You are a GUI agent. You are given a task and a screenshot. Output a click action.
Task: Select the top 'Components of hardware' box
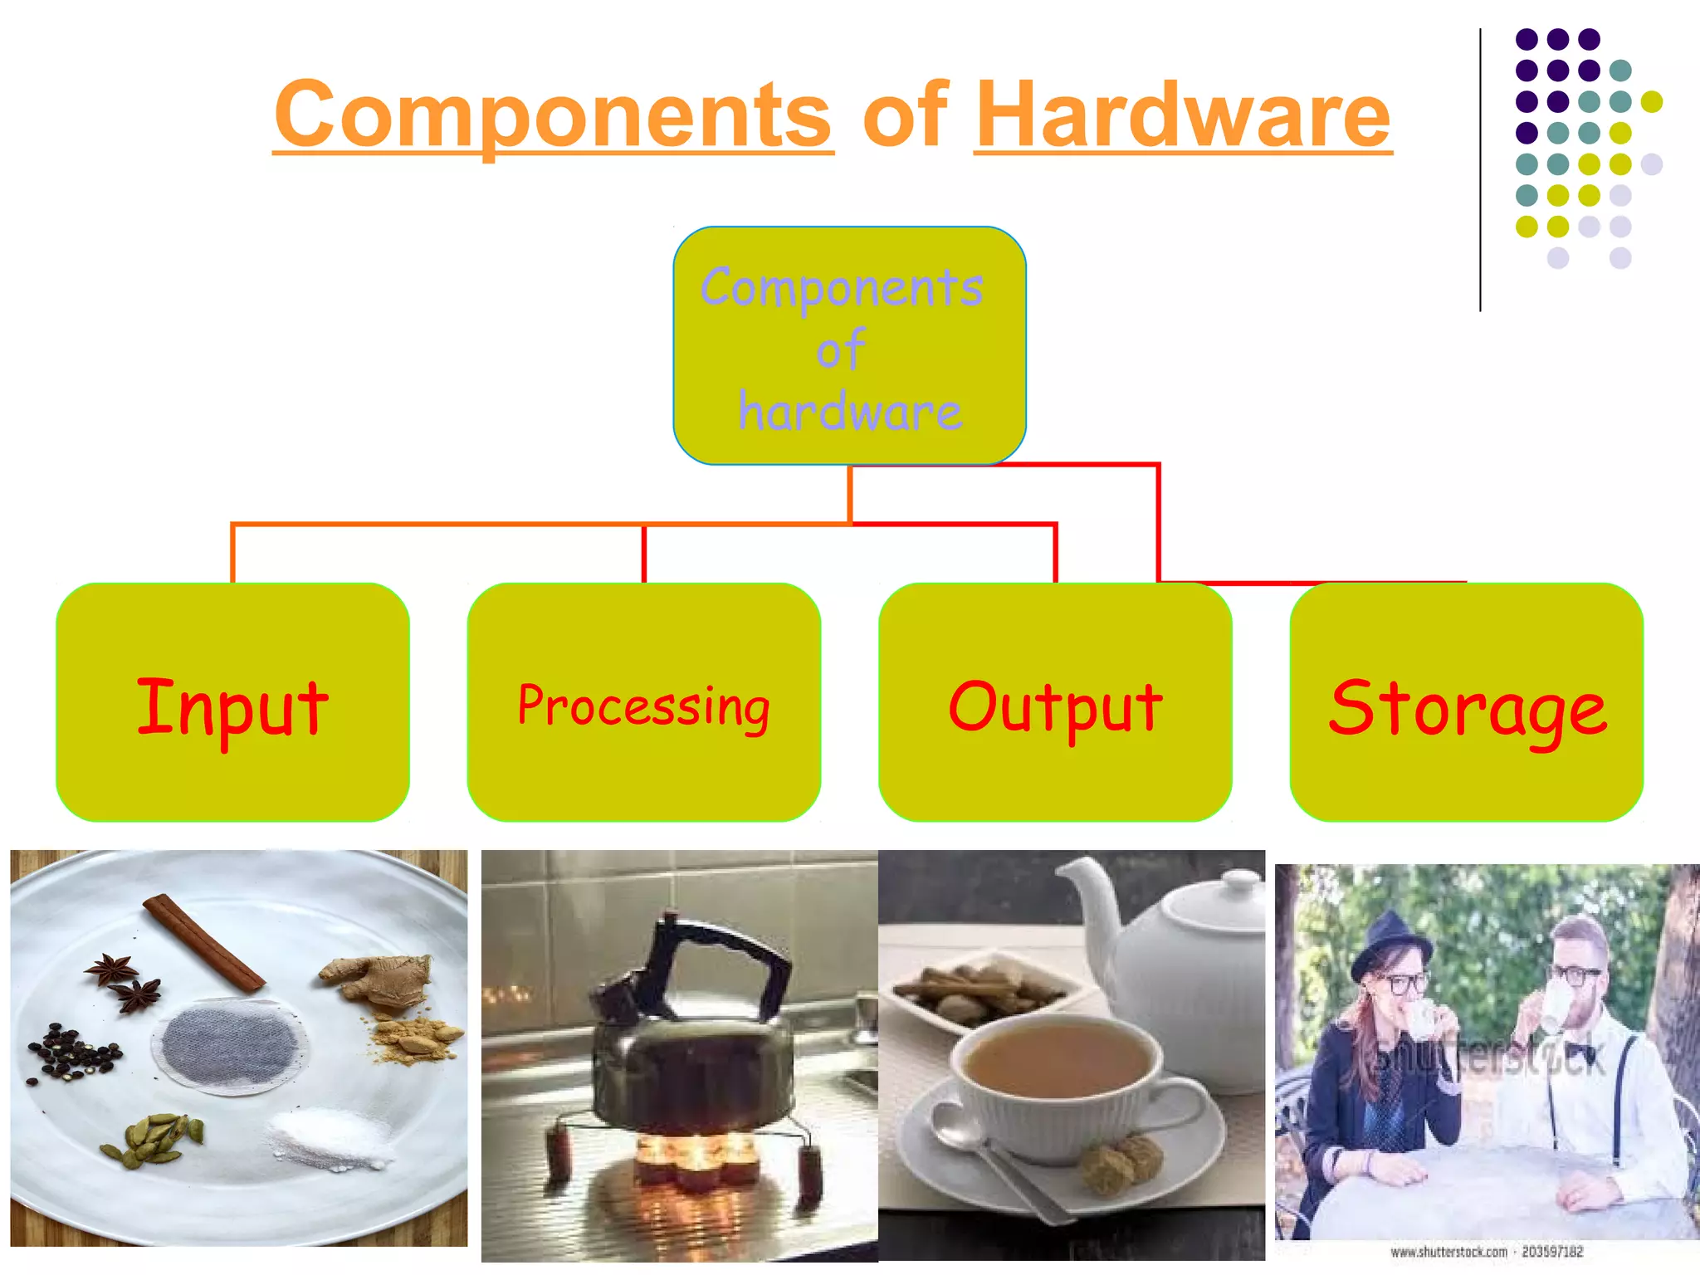tap(849, 345)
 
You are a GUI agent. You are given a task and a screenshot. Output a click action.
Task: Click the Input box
tap(232, 702)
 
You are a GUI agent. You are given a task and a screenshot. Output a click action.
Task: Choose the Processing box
tap(643, 702)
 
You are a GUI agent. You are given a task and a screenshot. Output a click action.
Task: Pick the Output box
tap(1055, 702)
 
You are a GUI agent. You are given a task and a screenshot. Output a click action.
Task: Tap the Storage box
tap(1466, 702)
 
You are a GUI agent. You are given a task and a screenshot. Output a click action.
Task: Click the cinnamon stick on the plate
tap(203, 942)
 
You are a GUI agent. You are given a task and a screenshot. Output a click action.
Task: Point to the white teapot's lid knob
tap(1243, 880)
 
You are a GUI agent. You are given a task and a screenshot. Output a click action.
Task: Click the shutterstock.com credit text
tap(1486, 1252)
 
